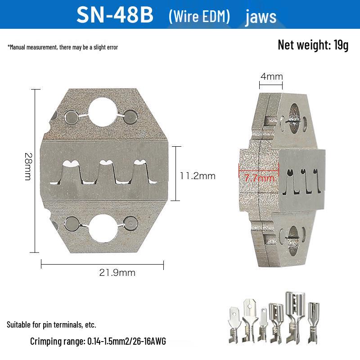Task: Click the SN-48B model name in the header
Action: (x=115, y=15)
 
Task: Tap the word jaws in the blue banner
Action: (x=261, y=17)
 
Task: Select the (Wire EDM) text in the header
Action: (x=199, y=16)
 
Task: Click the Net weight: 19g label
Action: (x=313, y=45)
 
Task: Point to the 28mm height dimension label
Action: (x=28, y=166)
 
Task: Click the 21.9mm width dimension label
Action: (x=117, y=273)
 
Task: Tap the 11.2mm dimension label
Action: (x=198, y=176)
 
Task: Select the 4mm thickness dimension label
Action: (x=272, y=76)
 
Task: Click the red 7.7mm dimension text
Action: (x=259, y=178)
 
